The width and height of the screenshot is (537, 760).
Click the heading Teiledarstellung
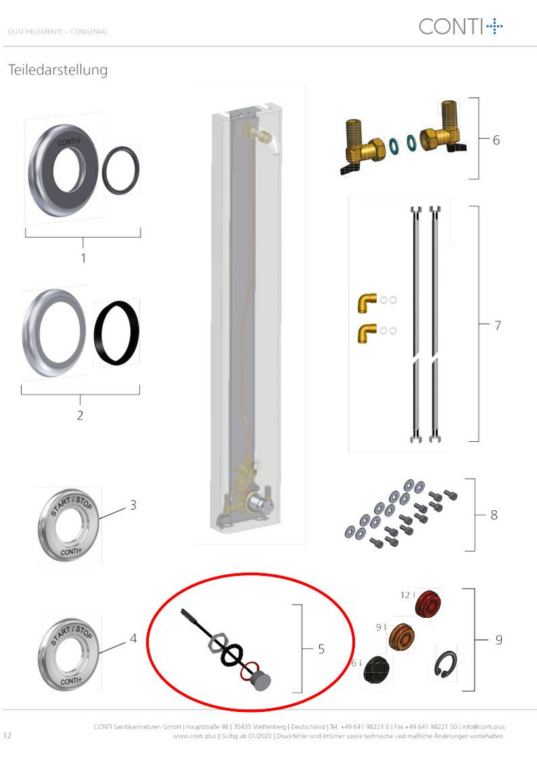pos(58,70)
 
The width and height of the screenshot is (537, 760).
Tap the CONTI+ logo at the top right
pos(460,26)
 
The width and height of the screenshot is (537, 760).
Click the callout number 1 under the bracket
pos(83,258)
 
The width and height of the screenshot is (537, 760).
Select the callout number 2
pos(80,415)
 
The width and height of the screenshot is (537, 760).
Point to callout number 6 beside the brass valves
pos(496,140)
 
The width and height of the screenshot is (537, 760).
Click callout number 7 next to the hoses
pos(498,325)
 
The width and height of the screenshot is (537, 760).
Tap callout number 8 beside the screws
pos(494,514)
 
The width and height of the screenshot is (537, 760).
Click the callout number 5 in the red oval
pos(321,649)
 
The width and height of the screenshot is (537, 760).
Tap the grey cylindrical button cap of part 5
pos(261,681)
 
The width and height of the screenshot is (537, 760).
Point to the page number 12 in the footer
pos(7,735)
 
